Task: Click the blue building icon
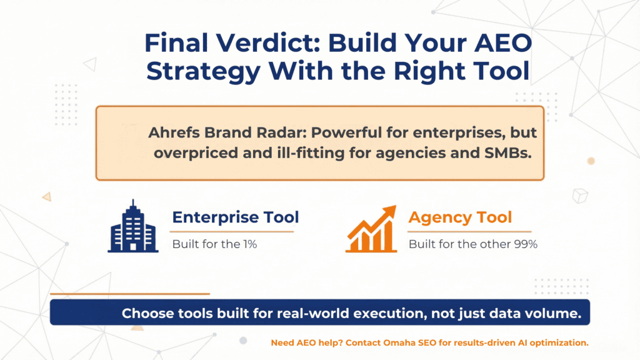132,226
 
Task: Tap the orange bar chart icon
371,229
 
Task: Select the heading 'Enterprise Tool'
236,217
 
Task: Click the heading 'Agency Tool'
460,217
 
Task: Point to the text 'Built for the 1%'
214,244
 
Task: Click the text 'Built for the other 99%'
472,244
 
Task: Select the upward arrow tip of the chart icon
391,209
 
